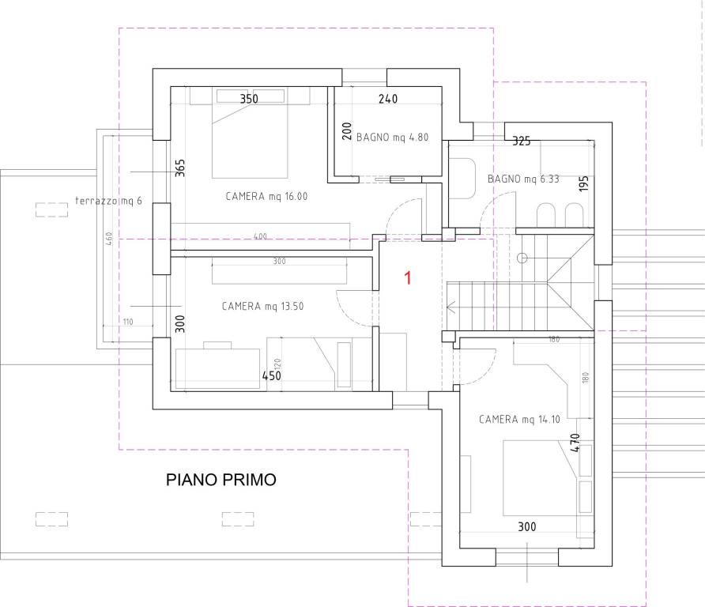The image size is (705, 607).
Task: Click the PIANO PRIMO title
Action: pyautogui.click(x=221, y=480)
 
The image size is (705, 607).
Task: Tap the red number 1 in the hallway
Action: pyautogui.click(x=408, y=277)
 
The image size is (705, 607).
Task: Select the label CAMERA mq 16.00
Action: pyautogui.click(x=266, y=197)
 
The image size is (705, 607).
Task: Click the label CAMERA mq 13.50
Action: pyautogui.click(x=262, y=306)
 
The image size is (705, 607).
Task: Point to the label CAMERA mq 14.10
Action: pyautogui.click(x=519, y=420)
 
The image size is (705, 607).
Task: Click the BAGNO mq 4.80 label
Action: pyautogui.click(x=392, y=137)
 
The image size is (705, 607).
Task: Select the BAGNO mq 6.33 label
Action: pyautogui.click(x=522, y=179)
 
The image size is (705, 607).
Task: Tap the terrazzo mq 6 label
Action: pyautogui.click(x=109, y=201)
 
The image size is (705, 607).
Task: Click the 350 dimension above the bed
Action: pyautogui.click(x=250, y=99)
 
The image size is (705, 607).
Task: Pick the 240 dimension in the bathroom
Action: pyautogui.click(x=387, y=99)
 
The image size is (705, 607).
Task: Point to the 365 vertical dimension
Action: pyautogui.click(x=179, y=169)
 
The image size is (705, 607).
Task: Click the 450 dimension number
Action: pyautogui.click(x=272, y=376)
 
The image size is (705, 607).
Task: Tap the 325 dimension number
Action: pyautogui.click(x=521, y=141)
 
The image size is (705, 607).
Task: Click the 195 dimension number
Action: pyautogui.click(x=584, y=184)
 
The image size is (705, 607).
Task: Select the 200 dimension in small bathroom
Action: pyautogui.click(x=346, y=131)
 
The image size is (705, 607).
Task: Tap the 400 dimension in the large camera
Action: pyautogui.click(x=260, y=236)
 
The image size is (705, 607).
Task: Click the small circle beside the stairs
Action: pyautogui.click(x=522, y=258)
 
